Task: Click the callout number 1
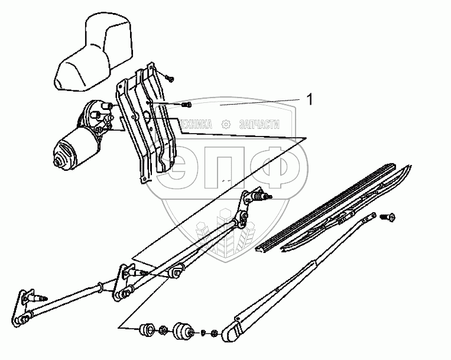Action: (x=309, y=100)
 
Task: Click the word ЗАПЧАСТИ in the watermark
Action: (x=259, y=124)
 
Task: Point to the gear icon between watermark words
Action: (x=226, y=124)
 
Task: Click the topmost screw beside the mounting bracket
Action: (x=170, y=78)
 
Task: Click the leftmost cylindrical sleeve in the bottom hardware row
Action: (x=147, y=330)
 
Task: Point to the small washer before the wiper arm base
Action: (x=203, y=333)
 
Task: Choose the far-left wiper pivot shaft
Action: (x=37, y=299)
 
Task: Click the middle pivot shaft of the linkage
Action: (x=138, y=272)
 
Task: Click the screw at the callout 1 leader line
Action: (x=186, y=105)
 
